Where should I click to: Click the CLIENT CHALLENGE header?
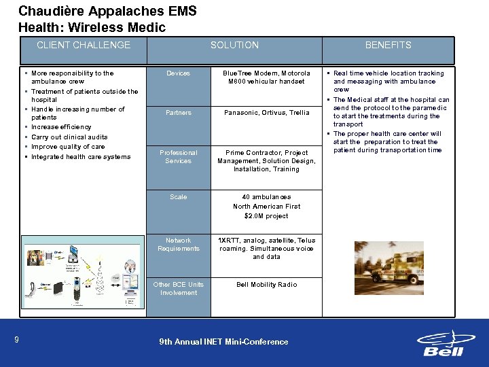click(x=83, y=45)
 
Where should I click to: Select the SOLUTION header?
click(x=234, y=45)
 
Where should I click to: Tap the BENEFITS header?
click(x=388, y=45)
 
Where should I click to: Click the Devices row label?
click(x=179, y=73)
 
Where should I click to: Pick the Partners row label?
click(x=179, y=113)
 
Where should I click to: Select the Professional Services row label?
click(x=179, y=157)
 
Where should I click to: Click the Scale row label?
click(x=179, y=197)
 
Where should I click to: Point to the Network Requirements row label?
click(x=179, y=245)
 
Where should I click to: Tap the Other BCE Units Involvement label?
click(x=179, y=289)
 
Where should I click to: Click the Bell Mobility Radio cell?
click(x=266, y=285)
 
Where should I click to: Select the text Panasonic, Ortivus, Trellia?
click(x=266, y=113)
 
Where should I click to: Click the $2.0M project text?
click(x=266, y=216)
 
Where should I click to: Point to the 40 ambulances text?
click(x=266, y=197)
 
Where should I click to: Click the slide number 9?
click(x=15, y=339)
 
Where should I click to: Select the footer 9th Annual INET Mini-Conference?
click(x=223, y=342)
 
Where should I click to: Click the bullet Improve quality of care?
click(x=68, y=147)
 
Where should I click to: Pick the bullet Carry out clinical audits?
click(x=69, y=137)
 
